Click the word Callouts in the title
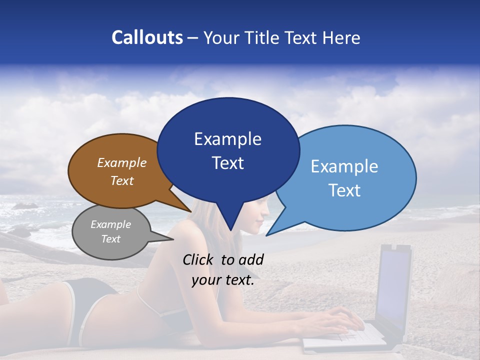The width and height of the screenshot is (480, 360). point(147,37)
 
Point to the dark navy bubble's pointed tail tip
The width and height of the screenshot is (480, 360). point(230,230)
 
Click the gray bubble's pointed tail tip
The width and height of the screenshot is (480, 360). point(173,239)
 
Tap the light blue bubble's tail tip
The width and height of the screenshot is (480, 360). point(266,235)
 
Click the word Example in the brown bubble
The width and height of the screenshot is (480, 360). point(122,163)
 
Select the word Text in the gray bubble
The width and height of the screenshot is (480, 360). point(110,239)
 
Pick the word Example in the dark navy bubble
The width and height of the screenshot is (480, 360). point(227,139)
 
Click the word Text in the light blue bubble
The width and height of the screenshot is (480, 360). point(344,190)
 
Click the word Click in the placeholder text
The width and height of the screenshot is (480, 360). point(198,259)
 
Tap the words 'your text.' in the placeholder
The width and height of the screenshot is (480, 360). point(222,280)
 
